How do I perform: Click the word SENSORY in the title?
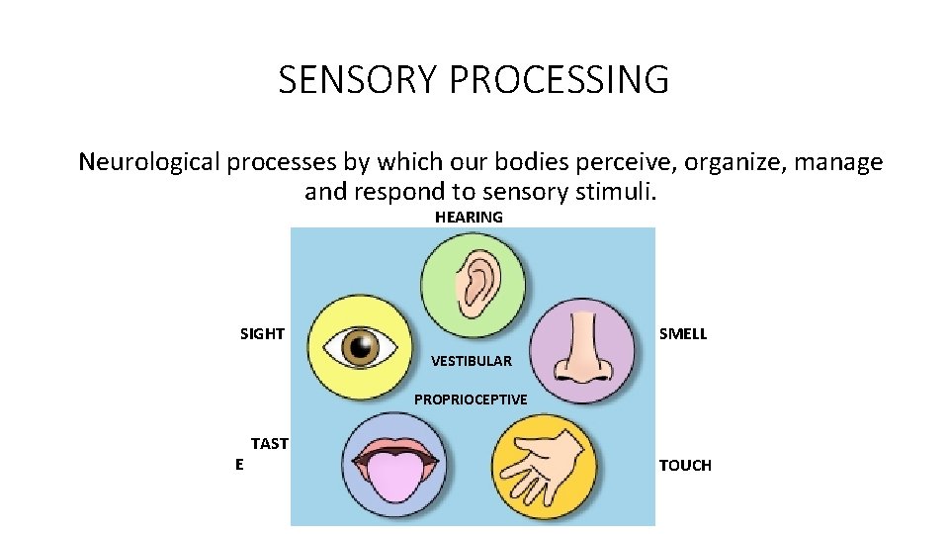[358, 80]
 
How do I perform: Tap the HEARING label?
[469, 217]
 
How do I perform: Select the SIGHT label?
[262, 334]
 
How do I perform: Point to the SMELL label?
[683, 334]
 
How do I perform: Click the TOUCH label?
[685, 466]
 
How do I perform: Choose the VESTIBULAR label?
[472, 361]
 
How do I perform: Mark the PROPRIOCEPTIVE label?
[471, 400]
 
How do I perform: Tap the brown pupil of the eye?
[363, 345]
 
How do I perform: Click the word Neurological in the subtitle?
[148, 161]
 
